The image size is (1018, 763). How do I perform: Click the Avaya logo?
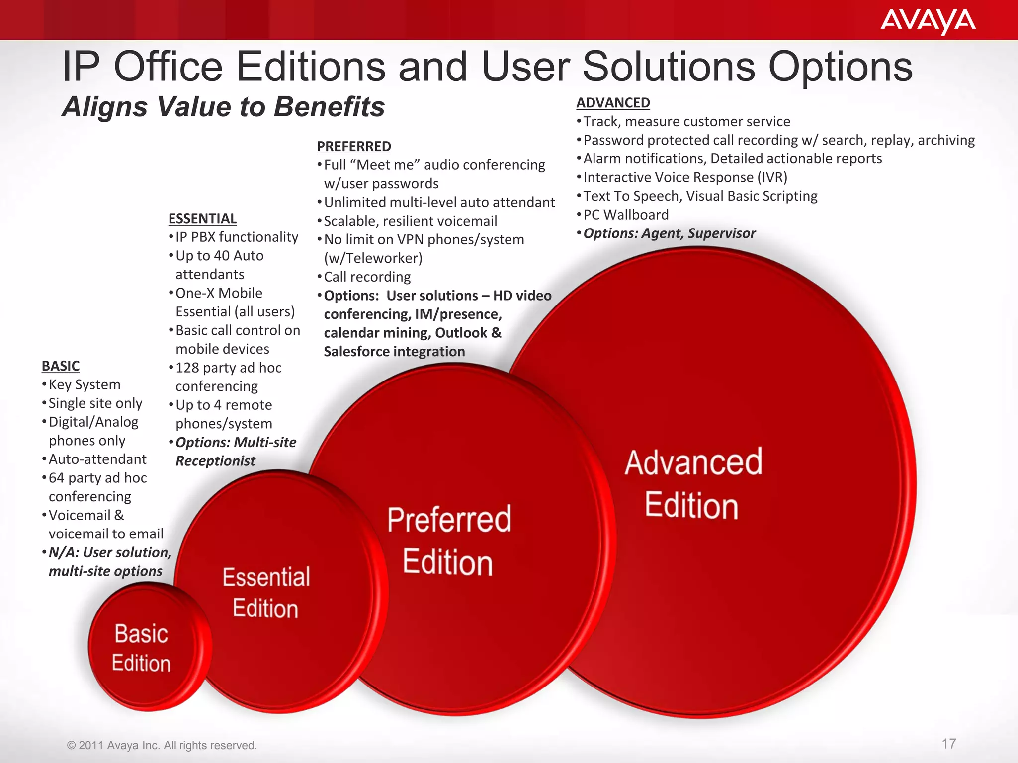pos(928,21)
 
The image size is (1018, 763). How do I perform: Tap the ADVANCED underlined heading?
pos(613,103)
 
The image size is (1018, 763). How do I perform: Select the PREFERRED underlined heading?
pos(354,147)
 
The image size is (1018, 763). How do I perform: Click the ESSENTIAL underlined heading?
pos(202,219)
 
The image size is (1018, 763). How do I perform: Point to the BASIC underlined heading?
pos(61,366)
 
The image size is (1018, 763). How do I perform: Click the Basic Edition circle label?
pos(141,648)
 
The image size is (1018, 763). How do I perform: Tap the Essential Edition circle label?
pos(266,593)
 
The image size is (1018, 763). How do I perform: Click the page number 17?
pos(949,744)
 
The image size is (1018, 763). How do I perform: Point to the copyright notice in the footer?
pos(162,745)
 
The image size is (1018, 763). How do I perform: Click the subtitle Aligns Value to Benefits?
pos(223,107)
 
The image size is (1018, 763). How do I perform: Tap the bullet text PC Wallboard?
pos(626,215)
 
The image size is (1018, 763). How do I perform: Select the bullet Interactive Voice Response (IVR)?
pos(685,177)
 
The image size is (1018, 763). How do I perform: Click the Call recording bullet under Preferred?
pos(367,277)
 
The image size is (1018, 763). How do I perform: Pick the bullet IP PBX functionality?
pos(237,237)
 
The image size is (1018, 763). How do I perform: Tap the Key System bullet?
pos(85,385)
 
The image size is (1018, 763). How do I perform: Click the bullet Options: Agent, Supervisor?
pos(669,233)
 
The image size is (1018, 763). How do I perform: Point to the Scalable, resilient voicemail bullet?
pos(410,221)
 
